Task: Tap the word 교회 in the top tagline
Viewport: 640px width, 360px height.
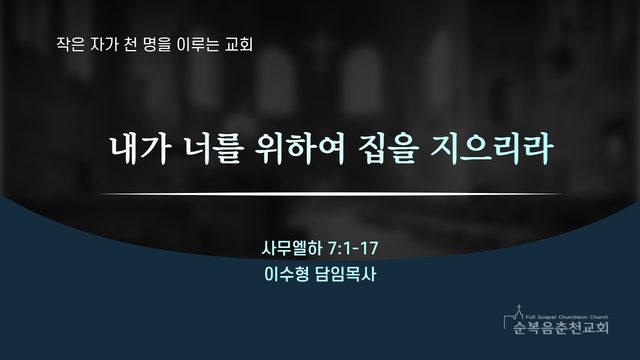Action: [239, 44]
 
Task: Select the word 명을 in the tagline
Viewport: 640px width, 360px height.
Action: [157, 44]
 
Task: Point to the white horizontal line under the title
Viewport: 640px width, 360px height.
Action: [331, 194]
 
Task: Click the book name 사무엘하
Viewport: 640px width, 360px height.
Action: [292, 248]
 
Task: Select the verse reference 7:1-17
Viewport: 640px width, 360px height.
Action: [353, 248]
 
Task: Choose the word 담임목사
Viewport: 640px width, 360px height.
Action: [346, 274]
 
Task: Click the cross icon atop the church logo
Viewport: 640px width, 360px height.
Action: [519, 307]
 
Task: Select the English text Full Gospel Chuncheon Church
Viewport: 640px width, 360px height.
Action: [567, 317]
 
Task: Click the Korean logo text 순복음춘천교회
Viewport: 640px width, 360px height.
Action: [561, 327]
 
